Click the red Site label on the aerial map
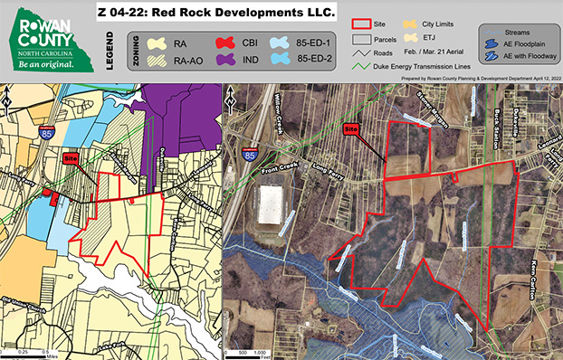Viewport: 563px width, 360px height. point(353,129)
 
